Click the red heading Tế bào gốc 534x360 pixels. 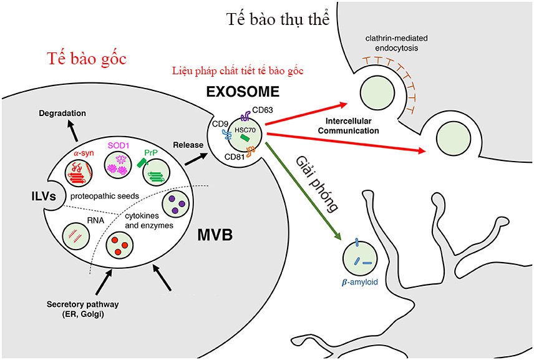point(87,59)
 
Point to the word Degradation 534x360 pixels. point(62,113)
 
